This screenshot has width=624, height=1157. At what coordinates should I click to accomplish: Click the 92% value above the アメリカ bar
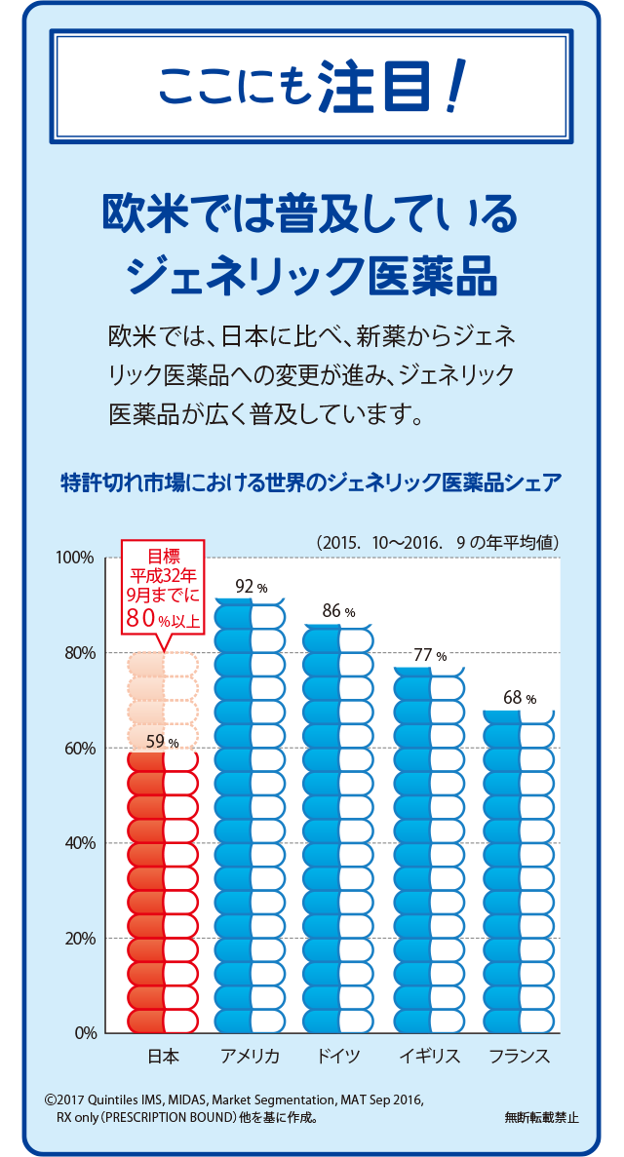pos(250,587)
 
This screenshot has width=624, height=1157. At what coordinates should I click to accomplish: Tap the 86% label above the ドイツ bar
pos(337,611)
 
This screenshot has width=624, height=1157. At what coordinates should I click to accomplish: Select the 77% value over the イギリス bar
pos(428,655)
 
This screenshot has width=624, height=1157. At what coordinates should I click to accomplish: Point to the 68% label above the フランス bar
pos(519,698)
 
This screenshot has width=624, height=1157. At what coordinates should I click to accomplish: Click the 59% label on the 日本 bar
pos(161,742)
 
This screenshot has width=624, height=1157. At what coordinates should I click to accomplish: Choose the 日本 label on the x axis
pos(163,1057)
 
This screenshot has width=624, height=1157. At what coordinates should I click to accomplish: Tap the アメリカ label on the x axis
pos(250,1057)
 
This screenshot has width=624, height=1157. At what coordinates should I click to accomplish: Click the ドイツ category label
pos(338,1057)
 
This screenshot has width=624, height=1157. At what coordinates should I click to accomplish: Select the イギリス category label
pos(429,1057)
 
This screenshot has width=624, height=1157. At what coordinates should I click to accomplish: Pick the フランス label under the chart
pos(519,1057)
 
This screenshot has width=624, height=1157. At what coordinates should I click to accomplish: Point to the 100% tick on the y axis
pos(74,558)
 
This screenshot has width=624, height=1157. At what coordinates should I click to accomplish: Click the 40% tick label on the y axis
pos(78,843)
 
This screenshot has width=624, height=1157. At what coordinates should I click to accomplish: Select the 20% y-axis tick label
pos(78,939)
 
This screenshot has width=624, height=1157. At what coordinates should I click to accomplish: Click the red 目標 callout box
pos(163,589)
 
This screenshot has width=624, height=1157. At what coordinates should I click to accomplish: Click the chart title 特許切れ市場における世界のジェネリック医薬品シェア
pos(311,484)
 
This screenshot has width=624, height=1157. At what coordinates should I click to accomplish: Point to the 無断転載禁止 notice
pos(542,1118)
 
